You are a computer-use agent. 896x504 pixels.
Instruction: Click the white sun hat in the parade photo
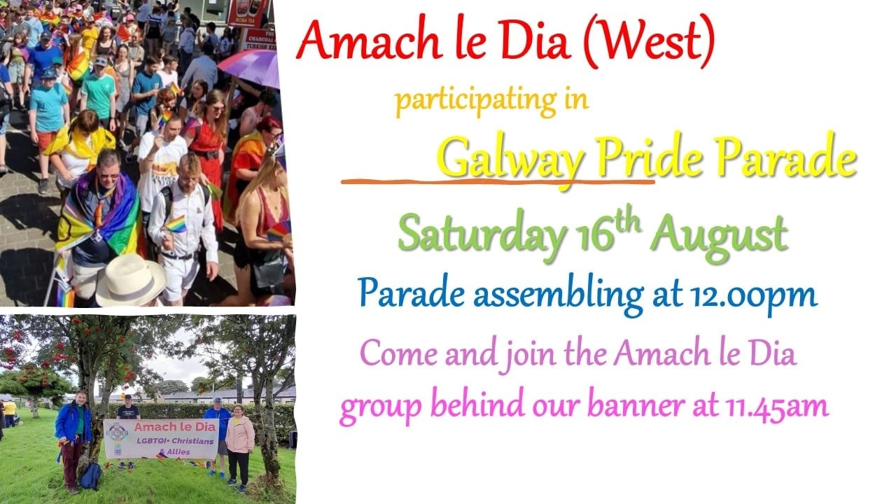130,281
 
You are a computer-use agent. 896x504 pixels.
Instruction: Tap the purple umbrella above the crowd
251,67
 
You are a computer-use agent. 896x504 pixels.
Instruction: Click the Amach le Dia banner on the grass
161,439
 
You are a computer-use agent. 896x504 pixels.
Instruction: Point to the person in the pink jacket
239,447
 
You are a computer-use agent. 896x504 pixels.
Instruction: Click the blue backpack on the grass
91,476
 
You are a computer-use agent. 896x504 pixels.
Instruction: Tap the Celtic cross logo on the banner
117,438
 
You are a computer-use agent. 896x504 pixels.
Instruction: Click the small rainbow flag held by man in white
176,224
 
